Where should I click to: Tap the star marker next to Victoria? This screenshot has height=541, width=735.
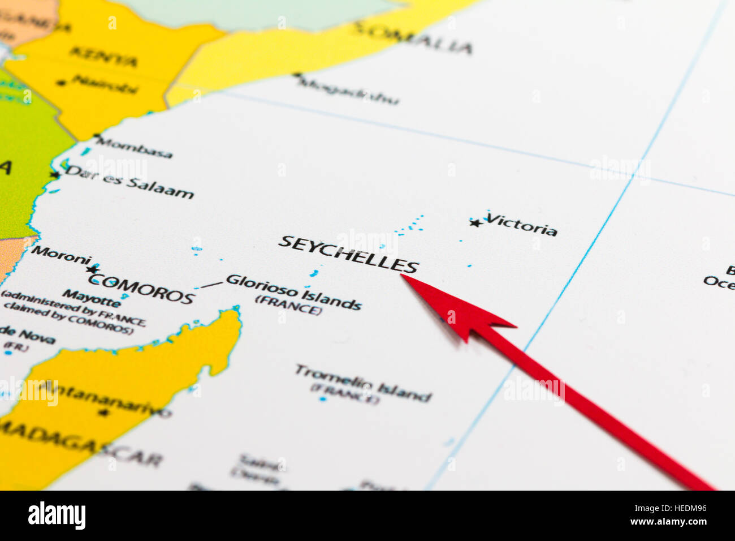point(476,223)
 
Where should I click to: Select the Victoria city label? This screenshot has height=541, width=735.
point(521,225)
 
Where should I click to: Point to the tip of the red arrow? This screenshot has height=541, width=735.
point(403,276)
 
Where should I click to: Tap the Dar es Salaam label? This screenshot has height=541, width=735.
point(129,182)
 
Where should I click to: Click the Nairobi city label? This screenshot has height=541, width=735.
point(105,84)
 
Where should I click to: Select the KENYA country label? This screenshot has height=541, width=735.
point(103,57)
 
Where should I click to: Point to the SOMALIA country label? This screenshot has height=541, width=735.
point(413,38)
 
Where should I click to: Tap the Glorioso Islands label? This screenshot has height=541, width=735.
point(293,291)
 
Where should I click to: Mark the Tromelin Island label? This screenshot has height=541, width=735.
point(362,383)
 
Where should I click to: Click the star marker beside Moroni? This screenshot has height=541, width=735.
point(92,269)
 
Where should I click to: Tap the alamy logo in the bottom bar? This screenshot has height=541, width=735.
point(57,516)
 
